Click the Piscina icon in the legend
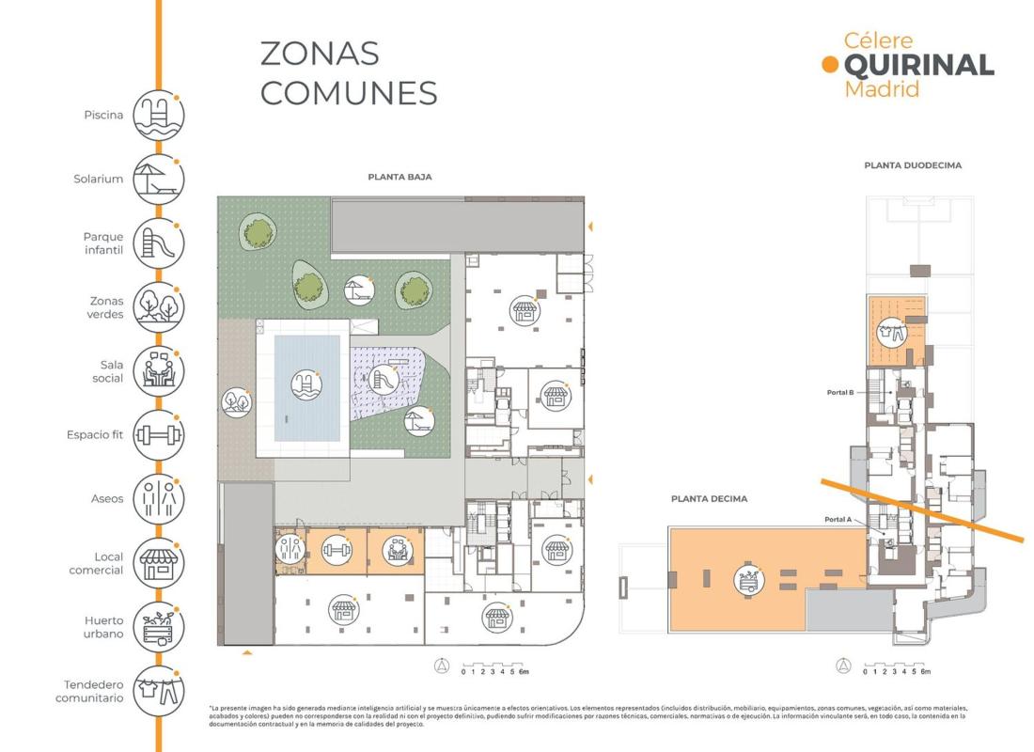click(158, 116)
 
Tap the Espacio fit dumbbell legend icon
click(158, 435)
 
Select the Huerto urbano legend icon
click(158, 627)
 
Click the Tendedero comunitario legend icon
click(158, 691)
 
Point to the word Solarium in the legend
click(99, 179)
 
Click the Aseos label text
click(107, 499)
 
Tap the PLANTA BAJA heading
click(399, 177)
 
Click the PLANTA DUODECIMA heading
click(913, 164)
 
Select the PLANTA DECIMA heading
click(709, 499)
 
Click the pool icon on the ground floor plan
click(306, 384)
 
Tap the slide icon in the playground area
click(383, 380)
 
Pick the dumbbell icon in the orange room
click(337, 549)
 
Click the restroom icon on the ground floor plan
click(290, 549)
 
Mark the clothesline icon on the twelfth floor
click(891, 332)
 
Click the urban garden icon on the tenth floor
click(749, 581)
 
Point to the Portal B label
click(840, 393)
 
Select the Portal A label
click(838, 519)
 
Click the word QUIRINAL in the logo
click(919, 65)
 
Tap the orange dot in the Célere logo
click(830, 64)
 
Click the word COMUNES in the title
click(349, 93)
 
